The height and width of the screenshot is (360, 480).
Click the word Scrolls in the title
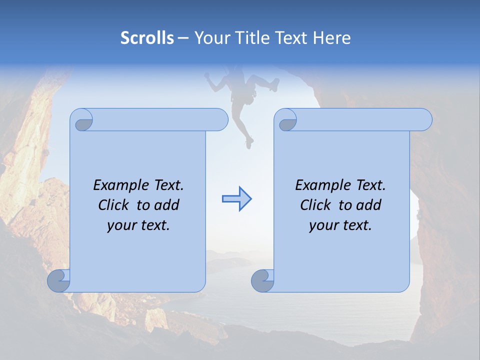pos(147,38)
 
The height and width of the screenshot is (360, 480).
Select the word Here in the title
pos(331,38)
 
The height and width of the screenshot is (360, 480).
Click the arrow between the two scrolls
pos(236,199)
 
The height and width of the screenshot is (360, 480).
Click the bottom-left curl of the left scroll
pos(58,281)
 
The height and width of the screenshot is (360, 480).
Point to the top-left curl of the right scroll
pos(286,120)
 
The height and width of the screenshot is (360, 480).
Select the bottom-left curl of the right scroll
pos(262,281)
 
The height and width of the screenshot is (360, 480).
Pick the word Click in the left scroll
pos(114,205)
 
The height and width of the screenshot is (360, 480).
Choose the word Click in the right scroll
pos(316,205)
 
